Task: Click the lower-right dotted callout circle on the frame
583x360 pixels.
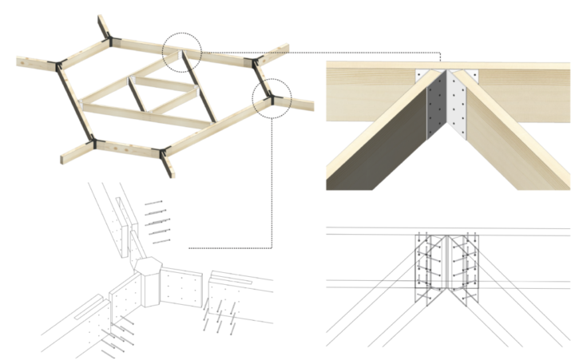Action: coord(272,98)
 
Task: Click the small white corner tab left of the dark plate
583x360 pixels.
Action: coord(419,77)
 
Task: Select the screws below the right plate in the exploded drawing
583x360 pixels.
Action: coord(217,316)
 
